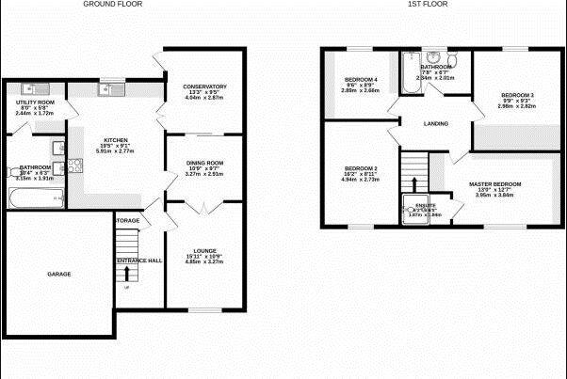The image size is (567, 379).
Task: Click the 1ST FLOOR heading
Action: (427, 5)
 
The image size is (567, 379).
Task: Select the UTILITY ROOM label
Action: (36, 102)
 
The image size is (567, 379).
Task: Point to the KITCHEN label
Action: (116, 141)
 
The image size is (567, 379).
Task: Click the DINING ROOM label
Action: (204, 163)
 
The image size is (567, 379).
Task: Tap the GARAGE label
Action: (59, 274)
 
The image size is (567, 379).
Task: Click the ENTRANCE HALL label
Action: (139, 260)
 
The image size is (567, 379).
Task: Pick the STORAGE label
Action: (128, 221)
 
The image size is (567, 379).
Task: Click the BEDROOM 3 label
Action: (517, 95)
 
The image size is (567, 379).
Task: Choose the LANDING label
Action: (435, 123)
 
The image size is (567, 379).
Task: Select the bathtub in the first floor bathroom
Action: (410, 73)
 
